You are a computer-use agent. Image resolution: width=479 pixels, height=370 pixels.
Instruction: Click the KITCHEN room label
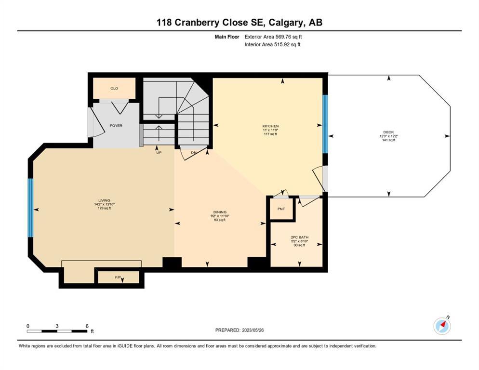pyautogui.click(x=271, y=126)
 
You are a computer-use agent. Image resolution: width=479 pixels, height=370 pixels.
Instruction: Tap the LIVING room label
pyautogui.click(x=105, y=200)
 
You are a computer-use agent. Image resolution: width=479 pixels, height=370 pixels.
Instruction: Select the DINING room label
pyautogui.click(x=220, y=212)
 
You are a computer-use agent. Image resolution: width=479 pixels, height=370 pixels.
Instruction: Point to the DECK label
pyautogui.click(x=388, y=132)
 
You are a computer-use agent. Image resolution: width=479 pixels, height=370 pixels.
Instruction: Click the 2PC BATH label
pyautogui.click(x=299, y=237)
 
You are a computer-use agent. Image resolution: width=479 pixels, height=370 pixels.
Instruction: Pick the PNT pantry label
pyautogui.click(x=281, y=209)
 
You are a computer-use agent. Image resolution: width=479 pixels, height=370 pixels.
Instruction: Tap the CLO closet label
pyautogui.click(x=114, y=88)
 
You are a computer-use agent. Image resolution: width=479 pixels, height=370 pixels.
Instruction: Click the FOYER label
pyautogui.click(x=116, y=126)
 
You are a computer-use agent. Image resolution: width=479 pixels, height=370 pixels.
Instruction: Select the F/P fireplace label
pyautogui.click(x=118, y=277)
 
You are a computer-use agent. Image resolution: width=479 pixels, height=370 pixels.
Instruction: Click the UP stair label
pyautogui.click(x=159, y=152)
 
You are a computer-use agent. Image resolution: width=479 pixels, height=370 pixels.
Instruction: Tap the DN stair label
pyautogui.click(x=194, y=152)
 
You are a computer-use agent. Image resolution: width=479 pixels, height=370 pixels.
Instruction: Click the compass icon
pyautogui.click(x=442, y=326)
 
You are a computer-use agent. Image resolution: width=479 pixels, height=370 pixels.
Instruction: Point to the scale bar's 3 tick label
pyautogui.click(x=57, y=326)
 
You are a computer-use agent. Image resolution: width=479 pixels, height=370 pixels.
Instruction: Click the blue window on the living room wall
pyautogui.click(x=30, y=208)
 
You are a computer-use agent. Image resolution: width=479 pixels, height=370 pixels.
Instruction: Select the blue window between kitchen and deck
pyautogui.click(x=325, y=124)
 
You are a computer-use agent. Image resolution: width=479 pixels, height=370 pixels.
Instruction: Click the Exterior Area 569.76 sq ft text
pyautogui.click(x=273, y=37)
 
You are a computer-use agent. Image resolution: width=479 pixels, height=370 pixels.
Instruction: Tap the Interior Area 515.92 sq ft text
pyautogui.click(x=272, y=44)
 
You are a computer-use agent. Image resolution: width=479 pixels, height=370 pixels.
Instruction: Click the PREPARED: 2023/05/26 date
pyautogui.click(x=239, y=330)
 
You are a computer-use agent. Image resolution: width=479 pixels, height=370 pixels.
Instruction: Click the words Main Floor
pyautogui.click(x=227, y=37)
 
